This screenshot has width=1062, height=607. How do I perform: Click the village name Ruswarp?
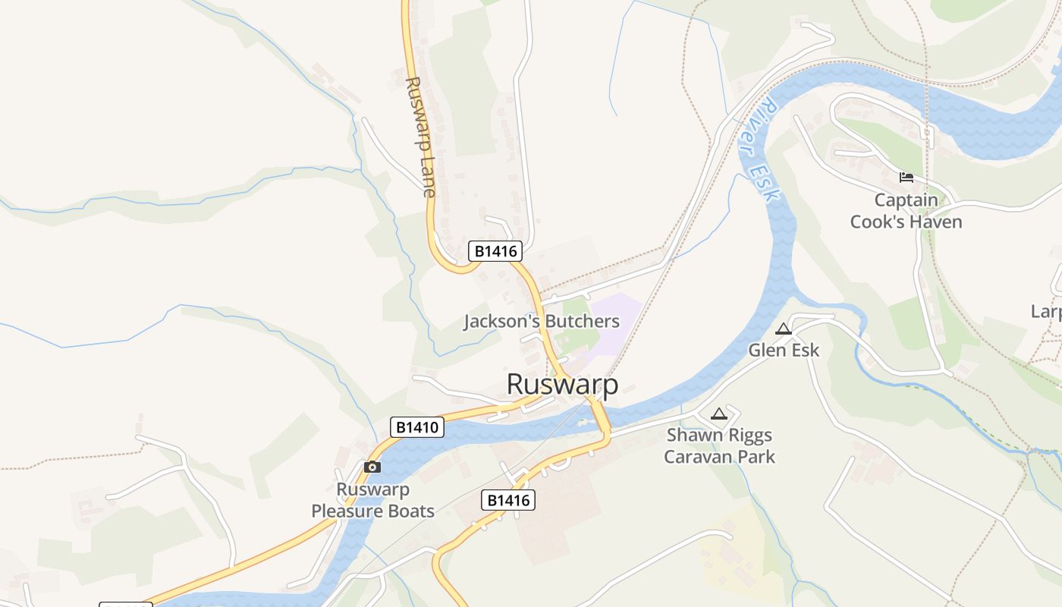tap(562, 384)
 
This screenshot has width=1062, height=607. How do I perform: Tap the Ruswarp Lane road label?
tap(420, 137)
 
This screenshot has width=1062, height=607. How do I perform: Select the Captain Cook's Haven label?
tap(906, 211)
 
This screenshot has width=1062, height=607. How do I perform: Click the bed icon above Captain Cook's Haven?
tap(906, 178)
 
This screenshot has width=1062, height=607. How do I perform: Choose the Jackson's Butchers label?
tap(542, 321)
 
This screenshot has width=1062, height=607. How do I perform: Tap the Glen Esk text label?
tap(784, 351)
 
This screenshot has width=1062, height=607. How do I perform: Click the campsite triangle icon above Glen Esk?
tap(784, 329)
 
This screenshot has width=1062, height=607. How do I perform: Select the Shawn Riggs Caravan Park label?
tap(719, 445)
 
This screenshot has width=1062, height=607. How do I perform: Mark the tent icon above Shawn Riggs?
tap(719, 414)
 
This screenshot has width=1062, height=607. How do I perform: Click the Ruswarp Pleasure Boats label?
tap(372, 500)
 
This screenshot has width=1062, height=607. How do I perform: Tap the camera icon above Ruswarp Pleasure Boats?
tap(372, 467)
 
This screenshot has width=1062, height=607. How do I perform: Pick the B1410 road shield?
tap(417, 427)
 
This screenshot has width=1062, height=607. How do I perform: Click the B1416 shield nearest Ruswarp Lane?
tap(495, 251)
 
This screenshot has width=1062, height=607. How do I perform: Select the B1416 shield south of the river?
tap(507, 500)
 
